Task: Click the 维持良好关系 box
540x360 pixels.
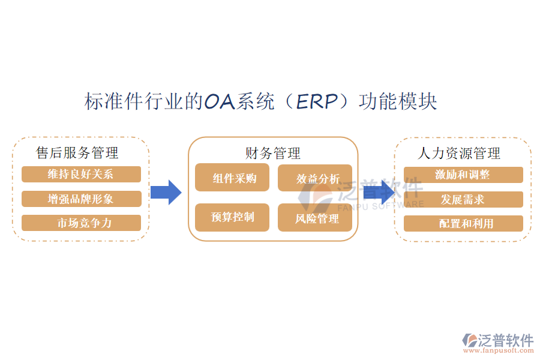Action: click(x=81, y=175)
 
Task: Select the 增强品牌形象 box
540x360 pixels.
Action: click(x=81, y=199)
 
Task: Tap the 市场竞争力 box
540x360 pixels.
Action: click(x=81, y=223)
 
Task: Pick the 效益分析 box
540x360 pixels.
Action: click(x=315, y=178)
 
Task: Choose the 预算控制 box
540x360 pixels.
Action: click(x=232, y=217)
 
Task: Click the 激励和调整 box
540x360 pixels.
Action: click(x=463, y=175)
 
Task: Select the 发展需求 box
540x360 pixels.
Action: click(x=463, y=199)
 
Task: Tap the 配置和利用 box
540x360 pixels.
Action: click(x=463, y=224)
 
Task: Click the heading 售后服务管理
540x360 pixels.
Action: click(x=77, y=153)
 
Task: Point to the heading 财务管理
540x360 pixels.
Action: click(x=273, y=154)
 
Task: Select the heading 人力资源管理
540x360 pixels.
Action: click(x=460, y=154)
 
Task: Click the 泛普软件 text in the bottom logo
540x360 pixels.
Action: click(x=505, y=340)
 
